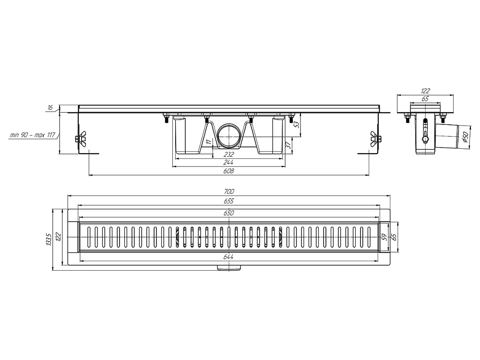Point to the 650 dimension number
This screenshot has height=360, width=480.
[x=228, y=213]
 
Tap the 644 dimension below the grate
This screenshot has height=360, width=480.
[x=228, y=257]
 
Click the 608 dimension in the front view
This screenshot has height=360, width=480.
[x=228, y=171]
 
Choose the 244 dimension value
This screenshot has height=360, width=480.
[x=228, y=163]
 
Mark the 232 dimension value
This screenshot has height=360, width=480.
[x=228, y=155]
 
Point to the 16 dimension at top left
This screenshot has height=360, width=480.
[x=49, y=108]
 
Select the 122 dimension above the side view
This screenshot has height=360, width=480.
[x=425, y=90]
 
